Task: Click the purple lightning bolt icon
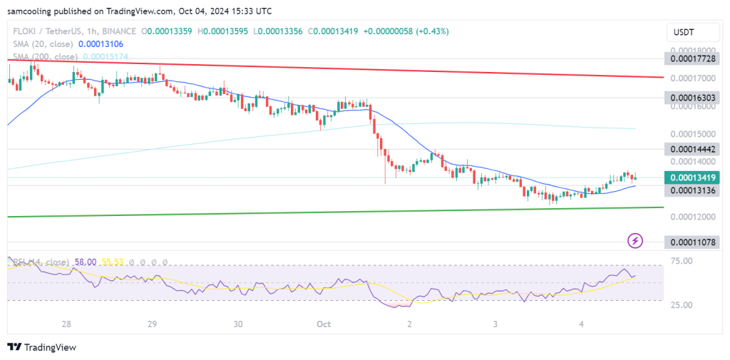(634, 241)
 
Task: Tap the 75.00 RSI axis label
(683, 262)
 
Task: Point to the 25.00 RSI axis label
(683, 304)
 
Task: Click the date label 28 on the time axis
(66, 324)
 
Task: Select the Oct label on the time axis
(324, 324)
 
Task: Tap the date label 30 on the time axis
(238, 324)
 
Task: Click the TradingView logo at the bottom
(42, 347)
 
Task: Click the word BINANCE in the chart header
(119, 31)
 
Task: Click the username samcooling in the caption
(32, 11)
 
